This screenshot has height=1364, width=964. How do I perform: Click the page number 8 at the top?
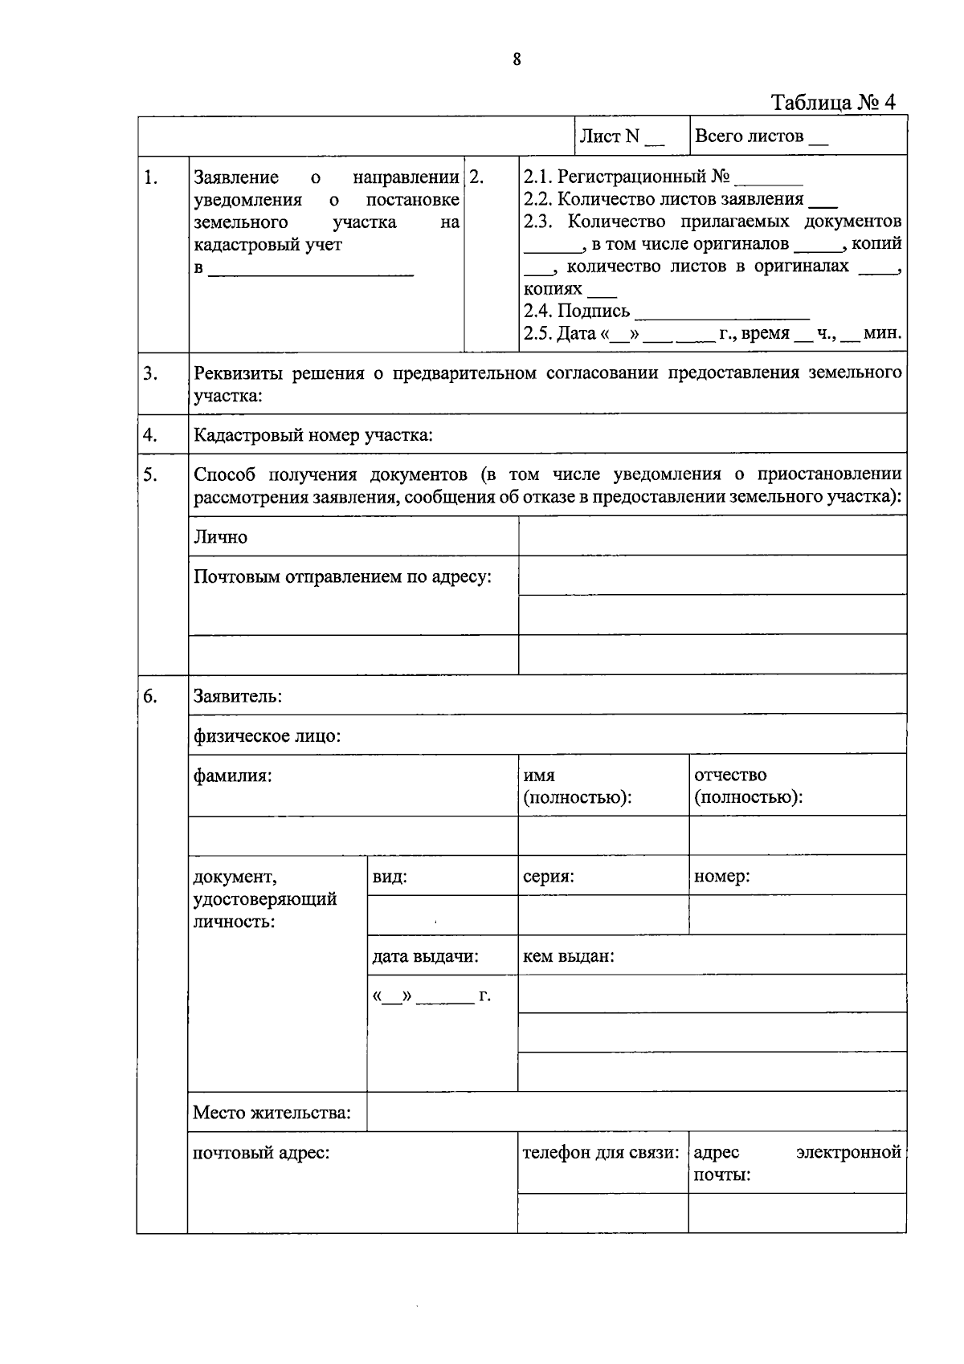pyautogui.click(x=517, y=59)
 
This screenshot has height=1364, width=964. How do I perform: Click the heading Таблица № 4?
pyautogui.click(x=832, y=103)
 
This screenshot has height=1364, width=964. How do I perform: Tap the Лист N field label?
pyautogui.click(x=622, y=136)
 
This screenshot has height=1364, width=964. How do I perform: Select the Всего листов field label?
pyautogui.click(x=759, y=136)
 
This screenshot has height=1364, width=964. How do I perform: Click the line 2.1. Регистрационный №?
pyautogui.click(x=663, y=177)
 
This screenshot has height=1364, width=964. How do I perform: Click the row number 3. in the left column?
pyautogui.click(x=150, y=373)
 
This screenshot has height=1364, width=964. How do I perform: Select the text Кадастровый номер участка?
pyautogui.click(x=313, y=436)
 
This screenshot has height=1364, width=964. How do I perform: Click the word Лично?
pyautogui.click(x=221, y=537)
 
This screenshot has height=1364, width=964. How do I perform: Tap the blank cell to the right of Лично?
pyautogui.click(x=712, y=535)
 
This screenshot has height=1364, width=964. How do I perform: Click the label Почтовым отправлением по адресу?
pyautogui.click(x=342, y=576)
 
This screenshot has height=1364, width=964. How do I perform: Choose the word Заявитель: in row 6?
pyautogui.click(x=237, y=696)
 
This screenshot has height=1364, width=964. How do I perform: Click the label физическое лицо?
pyautogui.click(x=267, y=735)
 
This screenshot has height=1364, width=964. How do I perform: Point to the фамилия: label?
pyautogui.click(x=232, y=776)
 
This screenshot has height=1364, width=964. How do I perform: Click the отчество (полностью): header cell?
pyautogui.click(x=748, y=786)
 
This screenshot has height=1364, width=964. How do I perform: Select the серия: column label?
pyautogui.click(x=548, y=877)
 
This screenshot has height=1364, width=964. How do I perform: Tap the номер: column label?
pyautogui.click(x=721, y=877)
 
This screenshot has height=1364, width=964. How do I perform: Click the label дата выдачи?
pyautogui.click(x=425, y=956)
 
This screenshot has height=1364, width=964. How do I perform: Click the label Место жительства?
pyautogui.click(x=272, y=1114)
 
